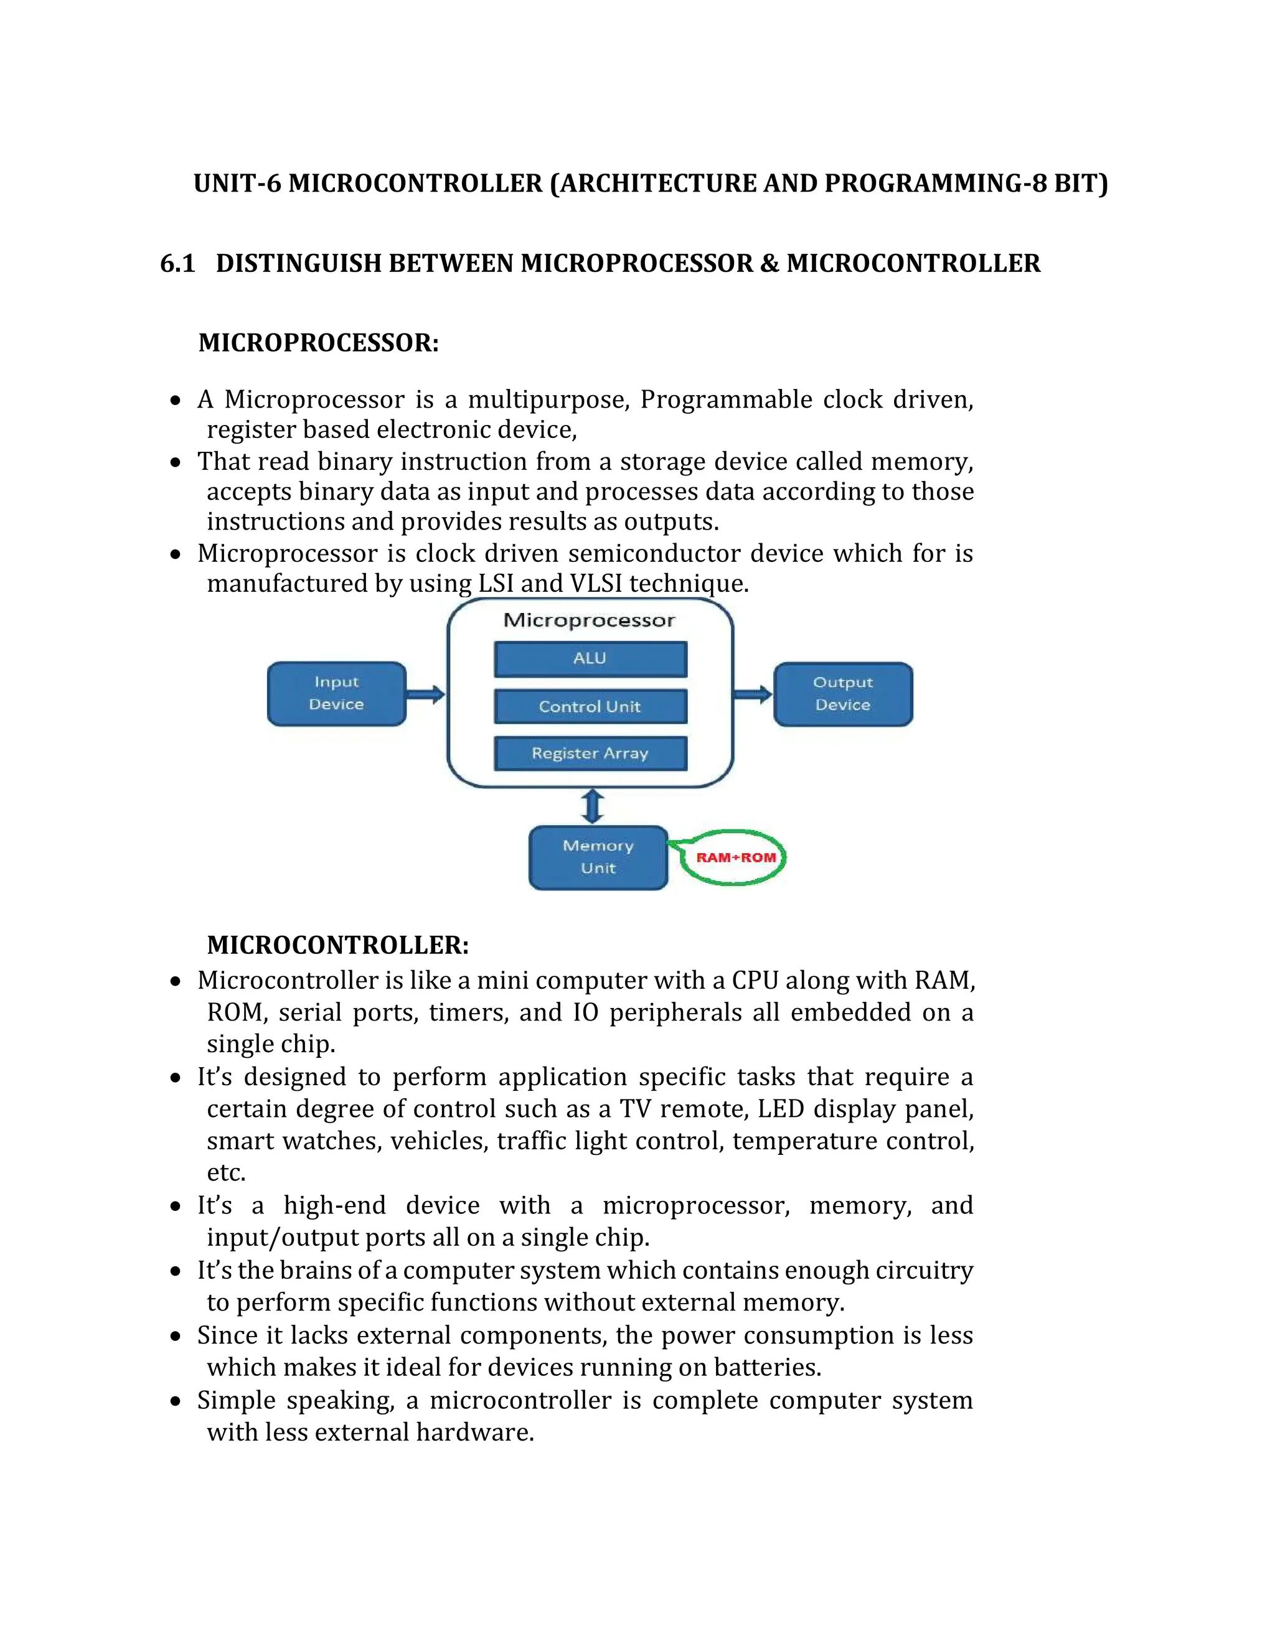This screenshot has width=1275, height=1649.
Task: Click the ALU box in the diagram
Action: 590,658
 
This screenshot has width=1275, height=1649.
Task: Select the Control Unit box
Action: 590,706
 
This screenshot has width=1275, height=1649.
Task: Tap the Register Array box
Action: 590,753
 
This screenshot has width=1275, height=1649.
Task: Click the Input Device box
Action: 337,693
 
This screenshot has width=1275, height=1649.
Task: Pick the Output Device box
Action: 843,693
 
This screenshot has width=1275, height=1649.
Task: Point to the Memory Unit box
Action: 598,857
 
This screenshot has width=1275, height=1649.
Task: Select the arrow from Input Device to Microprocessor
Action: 426,694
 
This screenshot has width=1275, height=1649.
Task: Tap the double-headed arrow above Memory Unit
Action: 593,806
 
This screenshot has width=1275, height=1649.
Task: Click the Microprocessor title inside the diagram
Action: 589,620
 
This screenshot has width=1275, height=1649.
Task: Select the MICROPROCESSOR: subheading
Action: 318,343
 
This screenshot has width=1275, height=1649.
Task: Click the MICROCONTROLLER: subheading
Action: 337,945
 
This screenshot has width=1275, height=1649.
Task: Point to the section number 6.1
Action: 177,263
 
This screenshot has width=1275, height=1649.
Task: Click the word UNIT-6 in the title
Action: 238,184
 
